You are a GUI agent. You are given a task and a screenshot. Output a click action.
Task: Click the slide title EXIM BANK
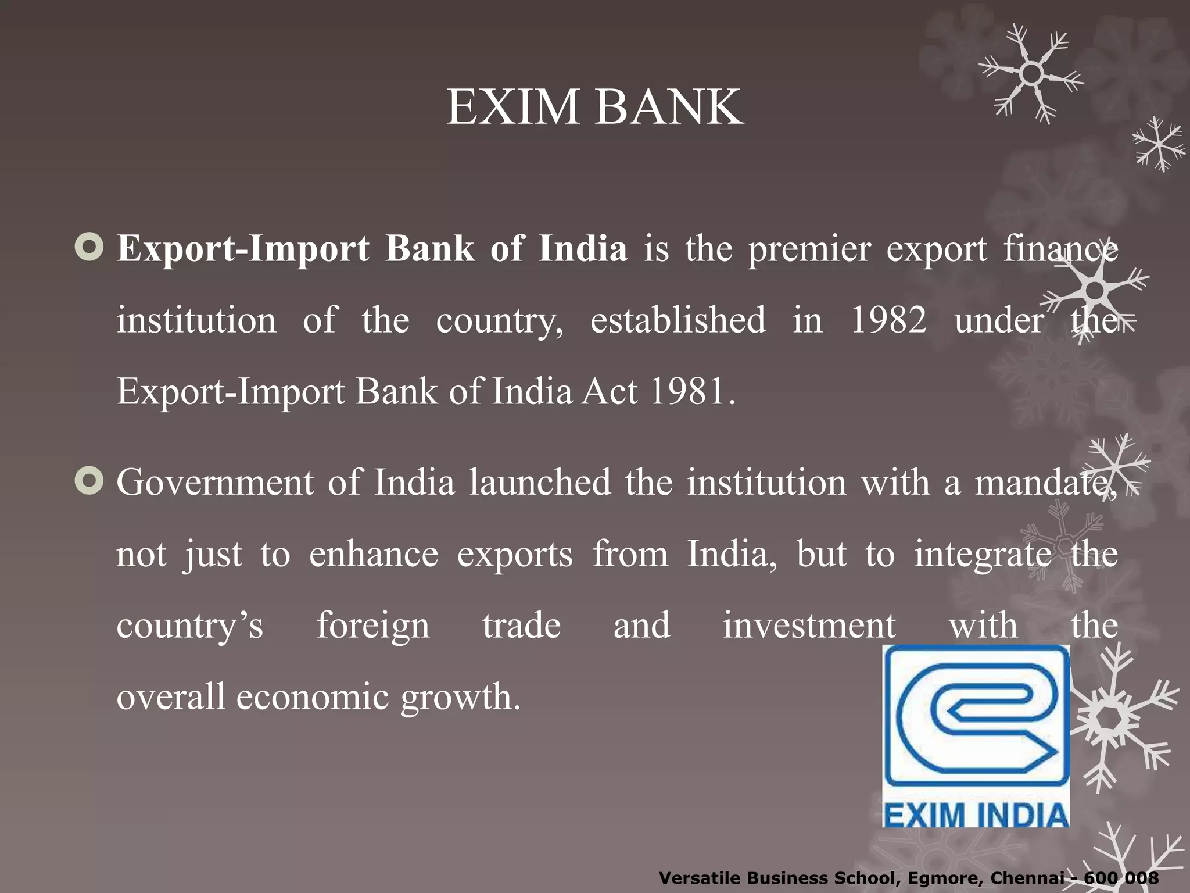point(594,107)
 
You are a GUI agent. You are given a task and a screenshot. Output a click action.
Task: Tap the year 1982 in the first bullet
point(888,320)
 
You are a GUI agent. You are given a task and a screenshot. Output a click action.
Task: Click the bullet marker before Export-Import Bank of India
point(89,248)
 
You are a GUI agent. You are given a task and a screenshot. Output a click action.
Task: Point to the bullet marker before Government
point(89,481)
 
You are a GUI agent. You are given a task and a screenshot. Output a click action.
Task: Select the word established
point(678,320)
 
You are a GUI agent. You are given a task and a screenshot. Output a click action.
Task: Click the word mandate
point(1044,483)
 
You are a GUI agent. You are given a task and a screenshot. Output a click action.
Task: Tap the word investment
point(809,626)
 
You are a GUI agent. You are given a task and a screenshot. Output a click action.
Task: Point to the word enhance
point(373,554)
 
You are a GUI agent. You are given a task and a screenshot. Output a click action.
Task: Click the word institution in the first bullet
point(196,320)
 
